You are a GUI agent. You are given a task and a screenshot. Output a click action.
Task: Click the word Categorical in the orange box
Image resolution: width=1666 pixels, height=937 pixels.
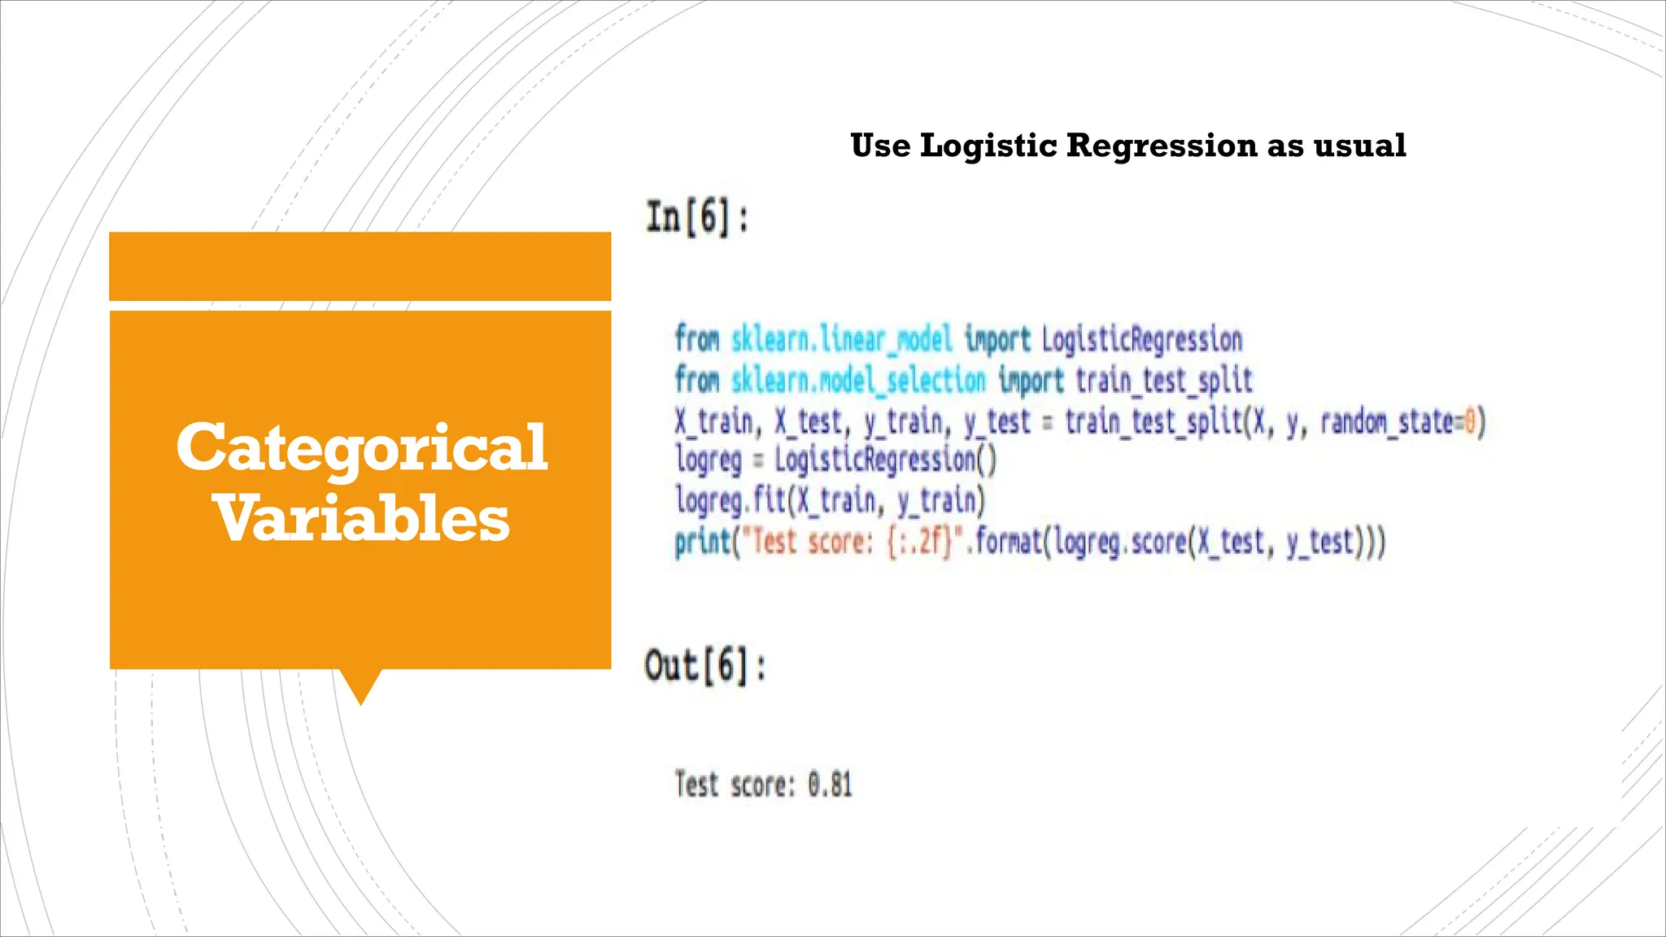point(362,448)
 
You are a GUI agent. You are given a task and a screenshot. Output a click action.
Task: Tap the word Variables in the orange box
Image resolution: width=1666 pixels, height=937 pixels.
point(362,519)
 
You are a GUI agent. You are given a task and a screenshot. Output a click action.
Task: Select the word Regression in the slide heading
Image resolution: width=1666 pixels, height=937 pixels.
point(1162,146)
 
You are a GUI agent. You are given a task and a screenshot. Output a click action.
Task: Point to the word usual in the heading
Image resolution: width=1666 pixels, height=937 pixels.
point(1359,146)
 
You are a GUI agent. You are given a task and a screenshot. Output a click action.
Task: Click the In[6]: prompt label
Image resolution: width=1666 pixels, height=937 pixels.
point(697,218)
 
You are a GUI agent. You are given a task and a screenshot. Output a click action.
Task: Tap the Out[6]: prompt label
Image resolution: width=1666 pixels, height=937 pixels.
point(705,666)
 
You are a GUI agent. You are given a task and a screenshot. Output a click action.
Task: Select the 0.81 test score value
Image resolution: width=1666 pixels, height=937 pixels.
point(830,785)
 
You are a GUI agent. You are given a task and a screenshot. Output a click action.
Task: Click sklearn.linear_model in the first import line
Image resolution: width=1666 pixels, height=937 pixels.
point(841,339)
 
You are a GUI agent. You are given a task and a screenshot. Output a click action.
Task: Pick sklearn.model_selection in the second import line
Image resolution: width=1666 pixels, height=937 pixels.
point(857,380)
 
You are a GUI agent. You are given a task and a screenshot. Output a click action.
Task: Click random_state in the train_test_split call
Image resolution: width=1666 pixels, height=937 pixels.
point(1386,421)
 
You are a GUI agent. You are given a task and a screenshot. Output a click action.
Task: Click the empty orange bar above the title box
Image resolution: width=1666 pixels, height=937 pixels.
point(360,266)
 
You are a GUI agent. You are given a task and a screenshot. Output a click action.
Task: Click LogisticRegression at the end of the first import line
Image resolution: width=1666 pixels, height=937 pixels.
point(1141,339)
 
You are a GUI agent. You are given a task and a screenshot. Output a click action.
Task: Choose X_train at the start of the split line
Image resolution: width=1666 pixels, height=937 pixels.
point(713,421)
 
